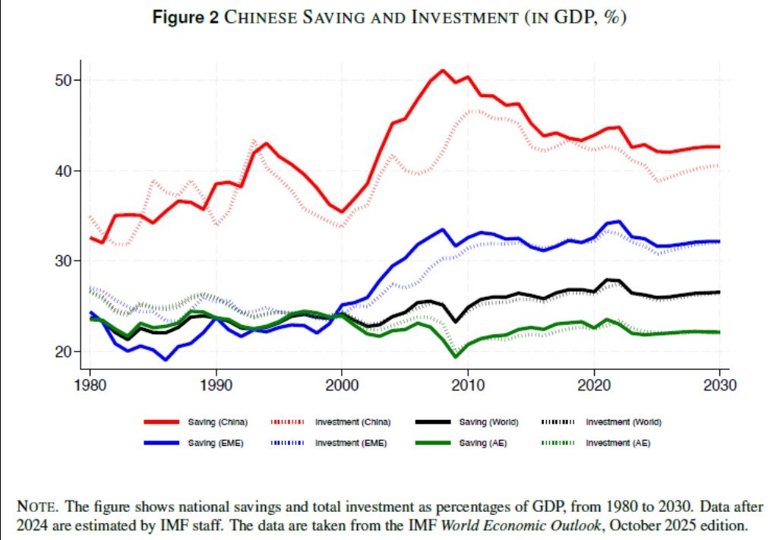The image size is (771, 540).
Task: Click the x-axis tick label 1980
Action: (x=90, y=385)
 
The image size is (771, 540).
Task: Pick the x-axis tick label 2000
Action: (x=342, y=385)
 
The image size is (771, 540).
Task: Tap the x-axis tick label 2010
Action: (x=467, y=385)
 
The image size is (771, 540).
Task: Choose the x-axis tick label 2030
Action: (x=718, y=385)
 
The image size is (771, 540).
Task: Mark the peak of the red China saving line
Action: (x=442, y=71)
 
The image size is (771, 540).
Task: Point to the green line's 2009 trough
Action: (x=455, y=356)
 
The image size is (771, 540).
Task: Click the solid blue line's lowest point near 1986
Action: (x=166, y=359)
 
